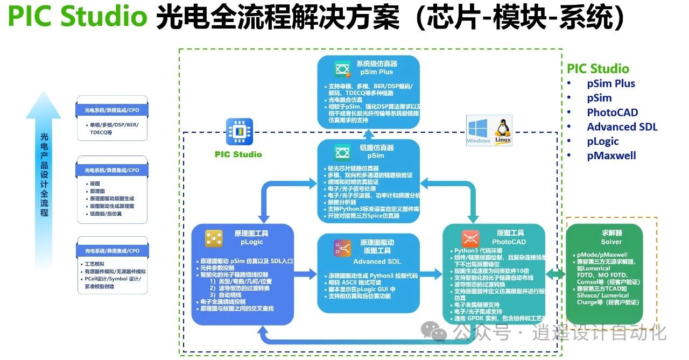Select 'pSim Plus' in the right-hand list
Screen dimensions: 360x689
[611, 83]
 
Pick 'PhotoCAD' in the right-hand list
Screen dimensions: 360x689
[612, 112]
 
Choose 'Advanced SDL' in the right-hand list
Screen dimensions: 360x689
[622, 127]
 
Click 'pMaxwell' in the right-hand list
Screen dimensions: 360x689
[611, 156]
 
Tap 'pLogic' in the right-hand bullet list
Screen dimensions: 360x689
[603, 141]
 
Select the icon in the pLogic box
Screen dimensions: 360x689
[214, 238]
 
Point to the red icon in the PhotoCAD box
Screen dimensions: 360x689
[470, 237]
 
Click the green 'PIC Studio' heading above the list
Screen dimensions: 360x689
[597, 69]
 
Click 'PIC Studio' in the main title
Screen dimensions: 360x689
[78, 18]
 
